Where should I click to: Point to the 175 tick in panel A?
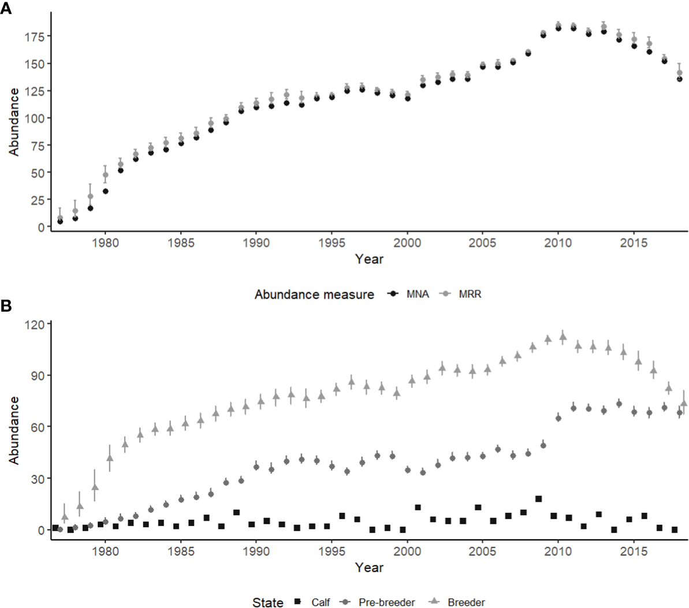[x=34, y=36]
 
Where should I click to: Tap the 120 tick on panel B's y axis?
[x=34, y=324]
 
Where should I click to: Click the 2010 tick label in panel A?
[x=558, y=243]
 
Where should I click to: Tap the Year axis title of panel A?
[x=369, y=259]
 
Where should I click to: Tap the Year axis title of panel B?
[x=369, y=567]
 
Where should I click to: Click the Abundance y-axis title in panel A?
[x=14, y=121]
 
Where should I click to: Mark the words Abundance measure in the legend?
[x=314, y=294]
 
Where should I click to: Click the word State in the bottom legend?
[x=268, y=602]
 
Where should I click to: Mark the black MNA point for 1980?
[x=106, y=191]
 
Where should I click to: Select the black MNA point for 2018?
[x=679, y=79]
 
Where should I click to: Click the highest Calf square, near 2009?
[x=538, y=499]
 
